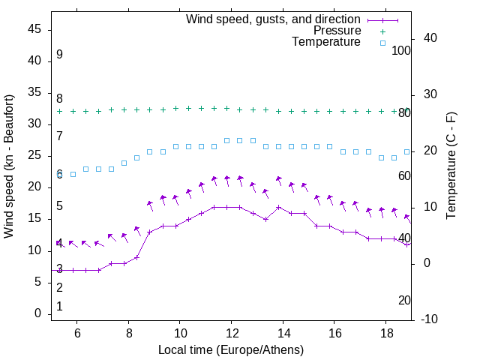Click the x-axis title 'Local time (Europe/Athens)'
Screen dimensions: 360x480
coord(231,349)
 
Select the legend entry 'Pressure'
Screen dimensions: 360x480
coord(337,31)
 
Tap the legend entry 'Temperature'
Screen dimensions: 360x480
coord(326,43)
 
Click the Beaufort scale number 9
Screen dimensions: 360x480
coord(59,55)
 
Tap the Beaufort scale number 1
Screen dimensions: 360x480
coord(59,306)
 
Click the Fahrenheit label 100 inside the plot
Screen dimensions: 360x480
coord(401,50)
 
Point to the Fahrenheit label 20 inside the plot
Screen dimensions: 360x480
coord(404,300)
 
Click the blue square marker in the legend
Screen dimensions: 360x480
coord(382,43)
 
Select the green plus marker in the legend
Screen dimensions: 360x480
coord(382,31)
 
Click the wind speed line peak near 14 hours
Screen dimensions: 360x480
coord(278,207)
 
